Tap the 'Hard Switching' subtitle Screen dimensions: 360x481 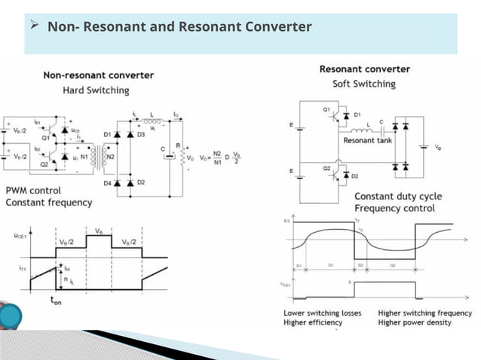tap(96, 90)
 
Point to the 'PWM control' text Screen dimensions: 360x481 tap(33, 191)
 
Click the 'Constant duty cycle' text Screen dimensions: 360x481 tap(398, 197)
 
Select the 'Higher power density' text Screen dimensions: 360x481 tap(415, 322)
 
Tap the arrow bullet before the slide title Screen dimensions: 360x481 tap(34, 26)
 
